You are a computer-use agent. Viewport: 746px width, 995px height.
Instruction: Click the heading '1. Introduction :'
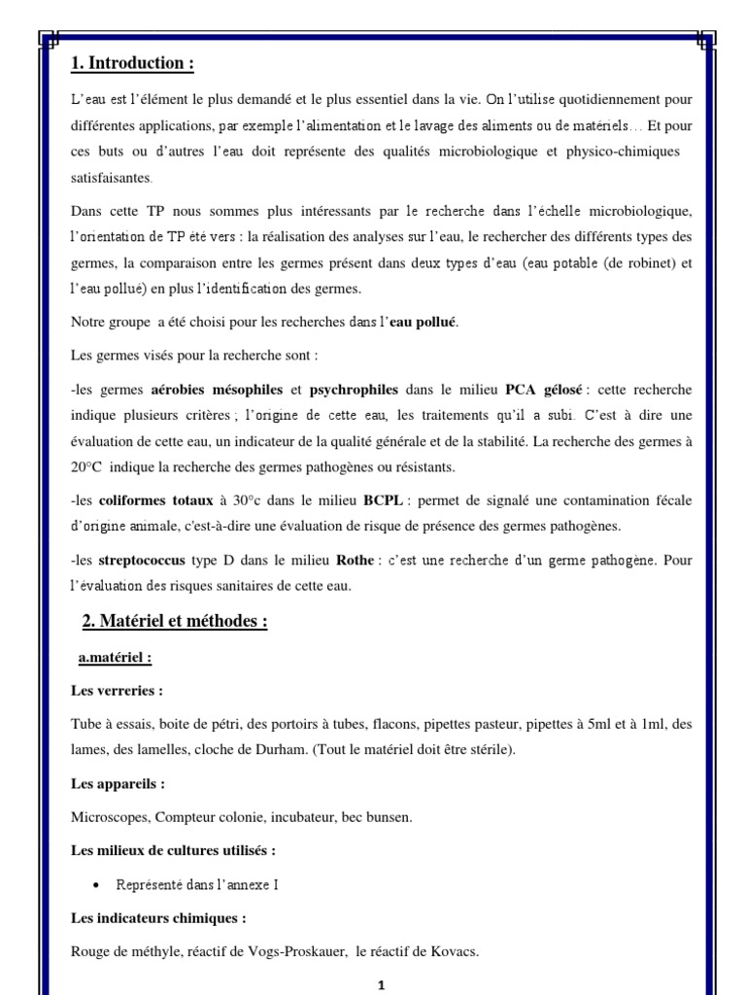(x=133, y=64)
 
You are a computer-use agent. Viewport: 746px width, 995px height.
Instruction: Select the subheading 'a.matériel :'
(x=115, y=658)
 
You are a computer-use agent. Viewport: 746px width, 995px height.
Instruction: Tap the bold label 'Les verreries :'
(x=117, y=691)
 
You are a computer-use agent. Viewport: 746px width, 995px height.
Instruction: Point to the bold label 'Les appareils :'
(x=118, y=783)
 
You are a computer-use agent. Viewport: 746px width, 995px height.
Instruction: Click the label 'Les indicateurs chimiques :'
(x=158, y=917)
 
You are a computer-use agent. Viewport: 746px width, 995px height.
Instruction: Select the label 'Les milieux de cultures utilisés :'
(x=174, y=850)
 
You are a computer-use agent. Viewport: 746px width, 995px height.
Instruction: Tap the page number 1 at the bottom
(x=382, y=985)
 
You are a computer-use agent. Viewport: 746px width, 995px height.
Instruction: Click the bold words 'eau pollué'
(x=423, y=322)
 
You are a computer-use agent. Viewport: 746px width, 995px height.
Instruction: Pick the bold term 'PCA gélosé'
(x=544, y=390)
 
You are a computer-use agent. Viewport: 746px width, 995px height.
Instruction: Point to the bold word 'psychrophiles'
(x=354, y=390)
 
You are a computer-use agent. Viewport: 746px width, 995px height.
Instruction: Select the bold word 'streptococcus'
(x=141, y=561)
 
